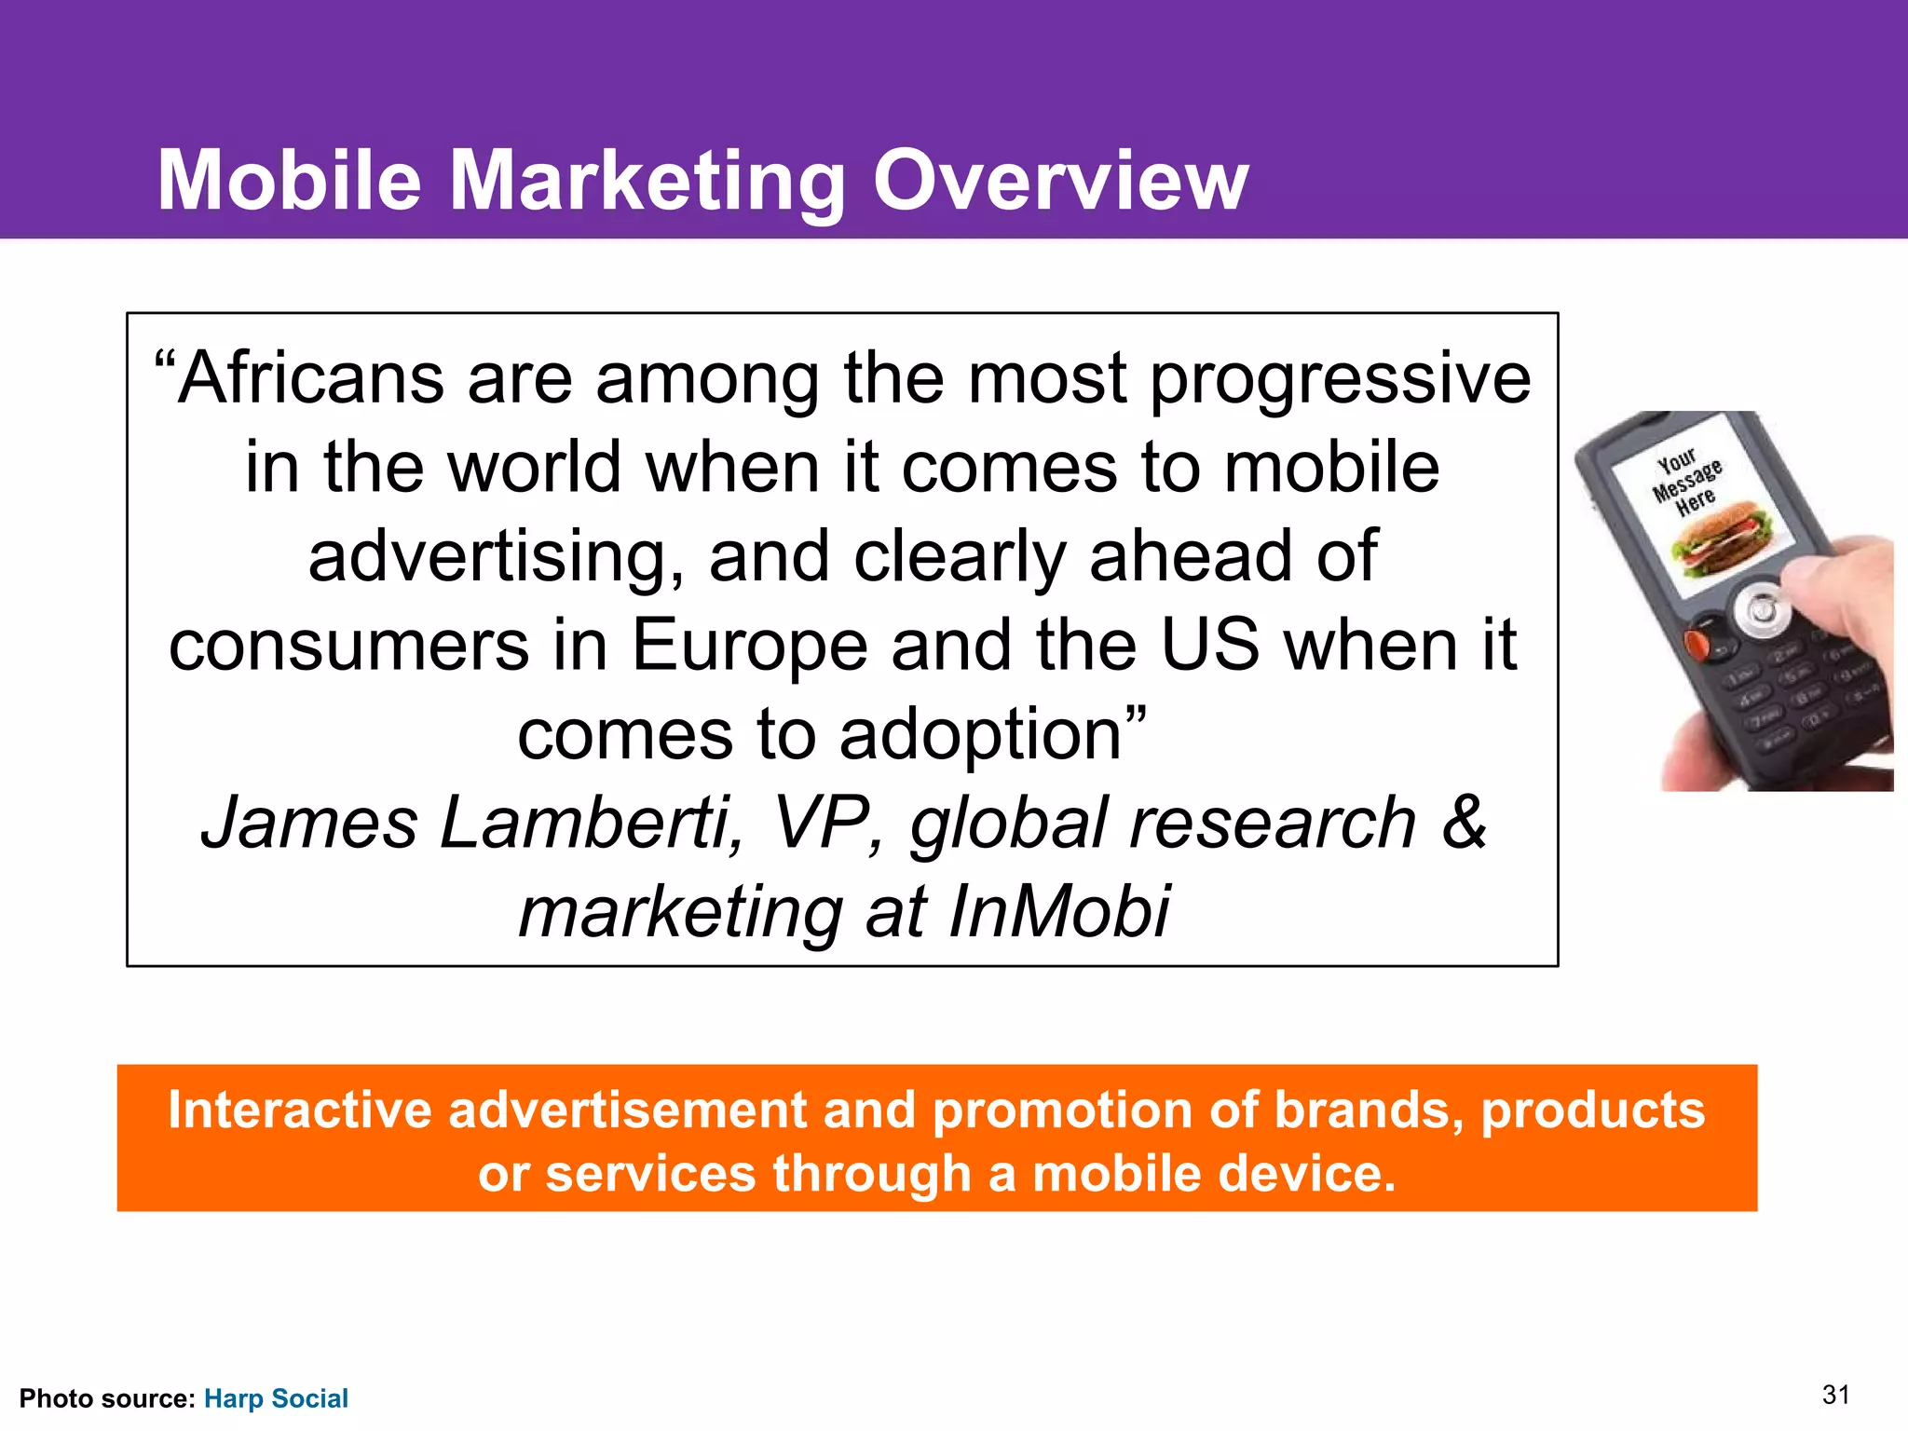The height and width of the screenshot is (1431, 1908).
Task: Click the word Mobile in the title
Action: [289, 181]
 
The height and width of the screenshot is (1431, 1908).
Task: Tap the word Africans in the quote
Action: [311, 379]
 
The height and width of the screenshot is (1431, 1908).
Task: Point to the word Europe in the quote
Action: [750, 646]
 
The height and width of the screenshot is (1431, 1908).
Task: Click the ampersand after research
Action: [1464, 822]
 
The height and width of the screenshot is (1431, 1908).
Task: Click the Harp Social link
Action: [276, 1398]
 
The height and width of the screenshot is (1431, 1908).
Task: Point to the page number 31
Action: [1835, 1395]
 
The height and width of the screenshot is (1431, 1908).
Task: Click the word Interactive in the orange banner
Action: [299, 1111]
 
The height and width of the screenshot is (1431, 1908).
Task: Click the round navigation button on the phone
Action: [1761, 611]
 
